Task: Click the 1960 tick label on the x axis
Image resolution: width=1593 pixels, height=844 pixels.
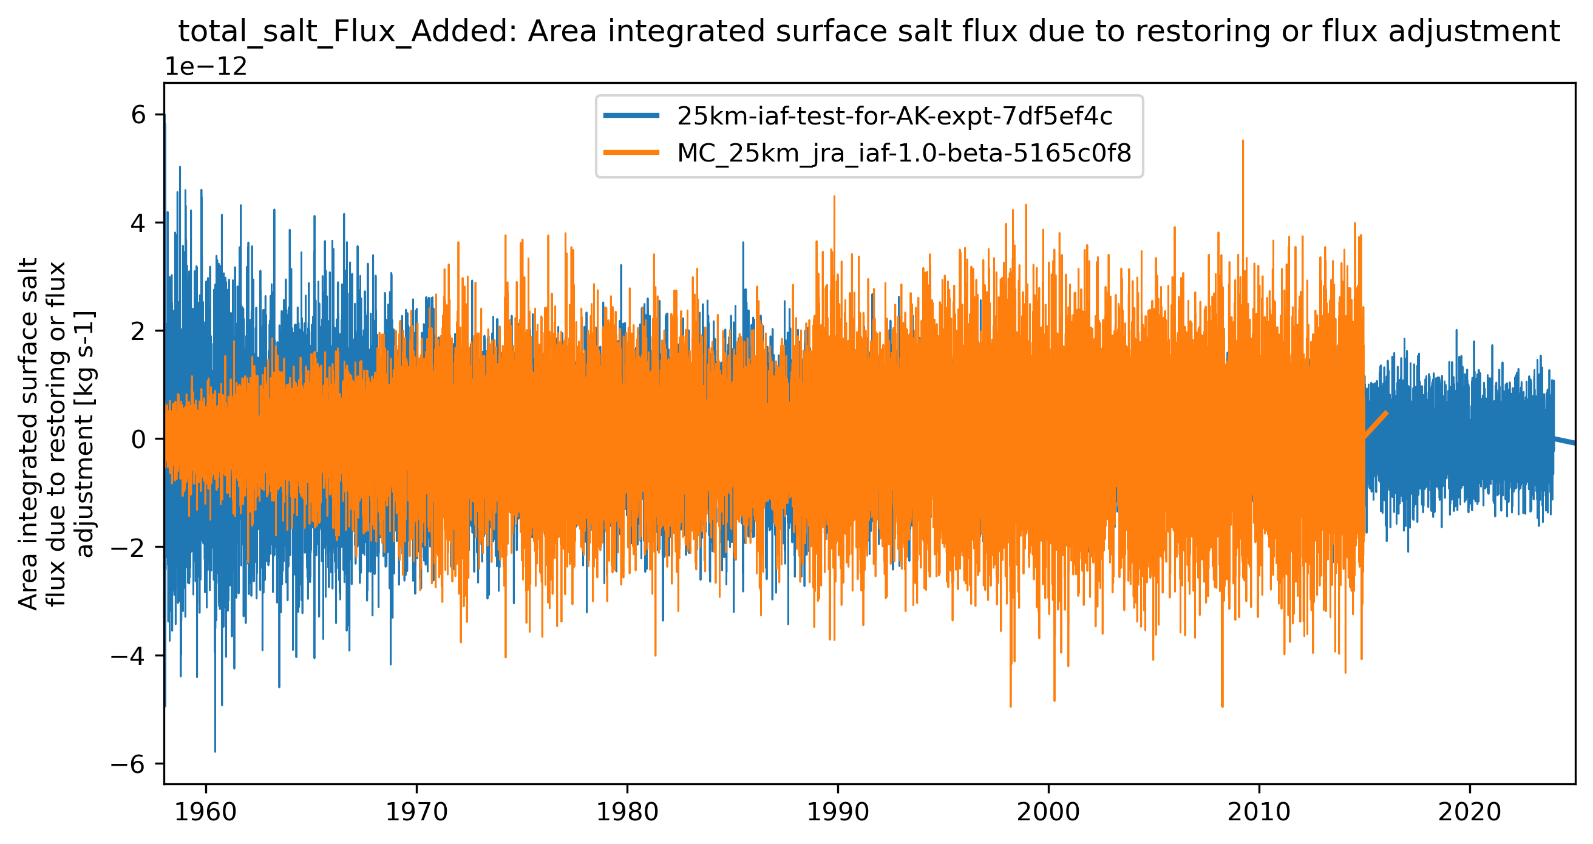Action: point(205,812)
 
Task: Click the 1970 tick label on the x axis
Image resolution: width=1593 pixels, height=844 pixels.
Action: point(416,812)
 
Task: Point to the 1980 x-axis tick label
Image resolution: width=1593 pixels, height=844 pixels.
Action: point(627,812)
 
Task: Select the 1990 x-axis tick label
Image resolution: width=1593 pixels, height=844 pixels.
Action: point(837,812)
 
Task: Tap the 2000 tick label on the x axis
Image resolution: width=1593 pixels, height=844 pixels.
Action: point(1048,812)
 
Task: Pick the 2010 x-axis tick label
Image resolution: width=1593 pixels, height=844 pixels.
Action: point(1258,812)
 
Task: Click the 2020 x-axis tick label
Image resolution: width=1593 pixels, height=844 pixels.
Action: point(1469,812)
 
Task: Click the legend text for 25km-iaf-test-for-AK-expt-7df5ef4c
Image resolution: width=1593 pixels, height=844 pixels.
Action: point(894,116)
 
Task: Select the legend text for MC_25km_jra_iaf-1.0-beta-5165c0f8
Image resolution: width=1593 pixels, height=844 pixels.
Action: point(904,154)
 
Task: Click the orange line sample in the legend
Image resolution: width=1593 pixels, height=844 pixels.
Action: point(631,153)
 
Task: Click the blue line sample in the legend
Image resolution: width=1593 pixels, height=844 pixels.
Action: point(631,115)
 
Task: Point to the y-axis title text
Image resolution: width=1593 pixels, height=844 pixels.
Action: point(56,433)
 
